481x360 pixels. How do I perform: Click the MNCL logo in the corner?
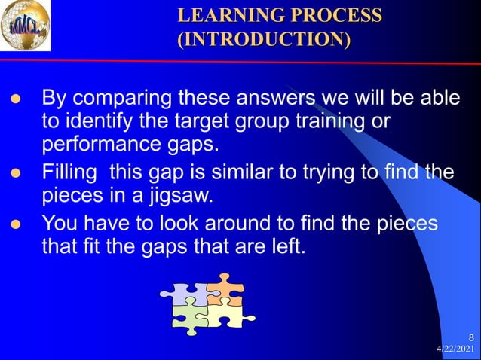point(27,27)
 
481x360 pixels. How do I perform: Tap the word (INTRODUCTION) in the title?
point(264,38)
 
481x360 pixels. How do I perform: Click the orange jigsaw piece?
point(225,290)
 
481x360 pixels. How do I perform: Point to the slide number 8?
point(471,337)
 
